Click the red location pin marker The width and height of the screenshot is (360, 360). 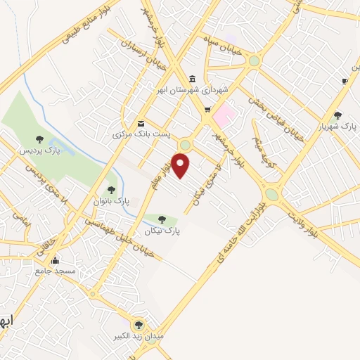coord(181,165)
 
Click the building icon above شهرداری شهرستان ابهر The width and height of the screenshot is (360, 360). coord(193,78)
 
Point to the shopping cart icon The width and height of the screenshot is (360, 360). coord(207,110)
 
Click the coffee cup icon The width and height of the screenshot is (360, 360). coord(344,81)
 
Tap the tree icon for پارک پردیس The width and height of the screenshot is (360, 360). coord(39,139)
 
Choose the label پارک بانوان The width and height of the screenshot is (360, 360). coord(110,201)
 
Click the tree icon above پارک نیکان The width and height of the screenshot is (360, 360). coord(163,219)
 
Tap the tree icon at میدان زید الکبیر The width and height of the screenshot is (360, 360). coord(139,325)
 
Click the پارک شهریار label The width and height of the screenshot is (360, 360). coord(337,127)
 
